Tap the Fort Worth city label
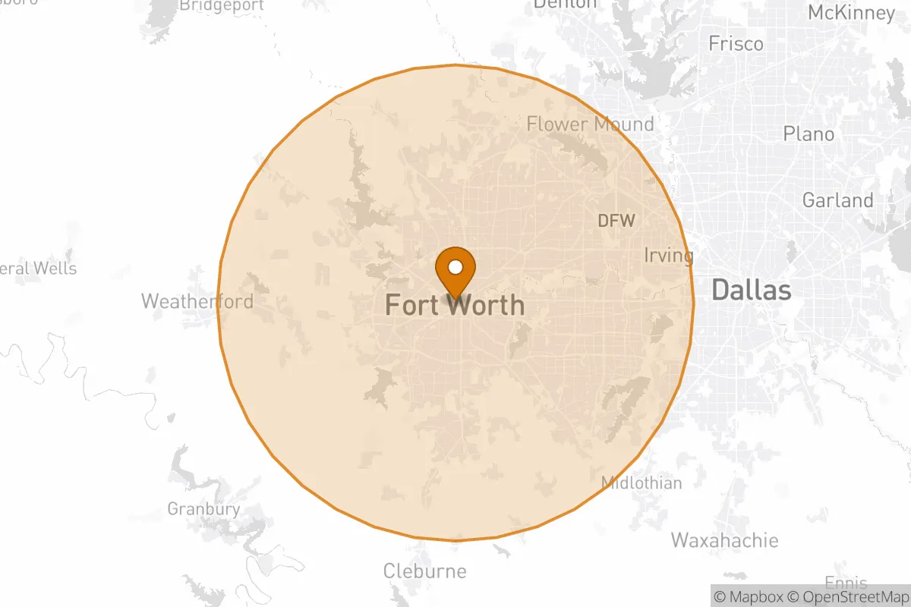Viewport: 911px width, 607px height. tap(454, 305)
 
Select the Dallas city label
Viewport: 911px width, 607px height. tap(751, 289)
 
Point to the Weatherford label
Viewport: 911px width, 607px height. tap(197, 301)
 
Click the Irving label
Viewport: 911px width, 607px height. tap(668, 255)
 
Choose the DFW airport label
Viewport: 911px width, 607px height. tap(616, 221)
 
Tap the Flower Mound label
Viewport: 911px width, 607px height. tap(590, 124)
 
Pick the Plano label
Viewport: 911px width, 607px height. tap(809, 134)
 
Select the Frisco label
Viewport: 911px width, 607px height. tap(736, 44)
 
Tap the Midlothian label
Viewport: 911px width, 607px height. tap(641, 483)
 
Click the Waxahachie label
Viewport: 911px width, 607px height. tap(724, 540)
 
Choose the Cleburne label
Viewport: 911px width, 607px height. tap(424, 571)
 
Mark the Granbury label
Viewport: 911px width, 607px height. tap(203, 509)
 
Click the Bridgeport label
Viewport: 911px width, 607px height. tap(222, 6)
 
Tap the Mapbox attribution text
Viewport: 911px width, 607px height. tap(751, 596)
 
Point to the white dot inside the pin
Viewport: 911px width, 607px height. tap(455, 266)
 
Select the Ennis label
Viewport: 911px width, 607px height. tap(846, 583)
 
